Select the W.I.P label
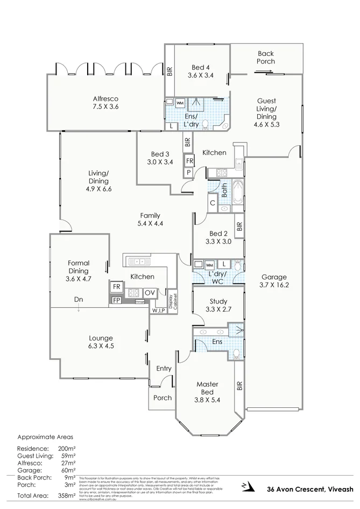pyautogui.click(x=158, y=310)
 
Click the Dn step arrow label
pyautogui.click(x=79, y=300)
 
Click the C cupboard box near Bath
pyautogui.click(x=213, y=203)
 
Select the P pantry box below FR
pyautogui.click(x=189, y=172)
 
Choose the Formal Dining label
pyautogui.click(x=79, y=267)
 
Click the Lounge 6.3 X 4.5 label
pyautogui.click(x=101, y=342)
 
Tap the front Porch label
pyautogui.click(x=163, y=398)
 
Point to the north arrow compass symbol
pyautogui.click(x=246, y=486)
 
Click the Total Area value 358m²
pyautogui.click(x=67, y=496)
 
